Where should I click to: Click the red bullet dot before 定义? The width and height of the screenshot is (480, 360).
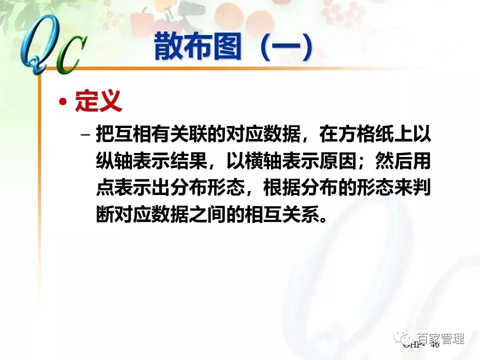[x=62, y=102]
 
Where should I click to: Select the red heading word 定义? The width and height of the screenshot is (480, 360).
[x=98, y=101]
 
